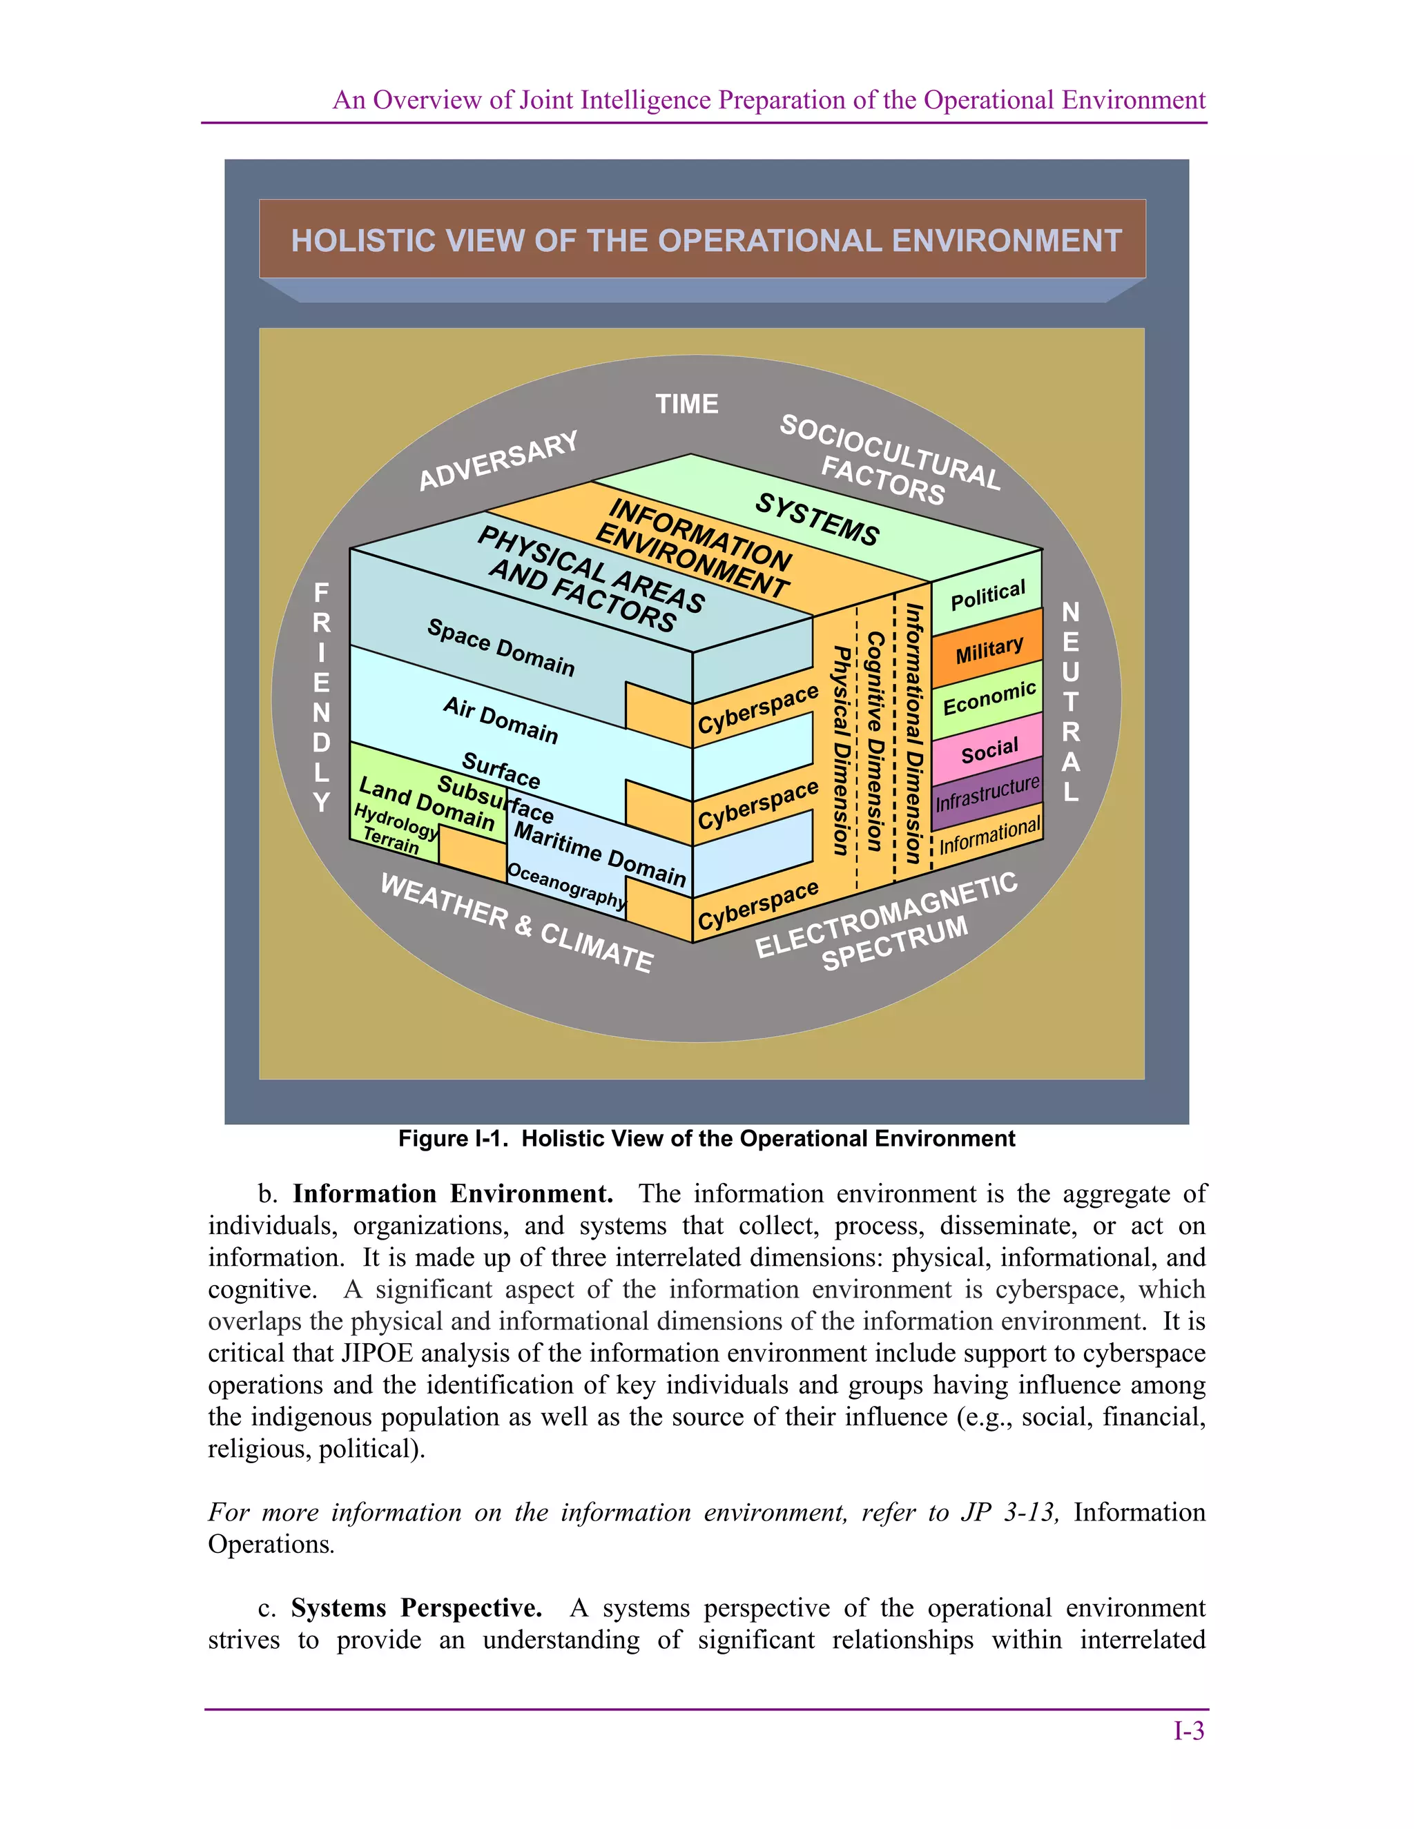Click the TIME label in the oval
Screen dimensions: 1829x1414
click(x=687, y=404)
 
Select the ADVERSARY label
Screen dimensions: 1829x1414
click(x=498, y=460)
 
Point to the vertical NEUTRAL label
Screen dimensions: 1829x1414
click(x=1071, y=702)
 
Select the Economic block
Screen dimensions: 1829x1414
click(x=989, y=698)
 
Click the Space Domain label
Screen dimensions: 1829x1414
click(x=501, y=647)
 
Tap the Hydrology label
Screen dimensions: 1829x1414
click(x=396, y=821)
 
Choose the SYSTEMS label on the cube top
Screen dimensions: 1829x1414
click(x=817, y=519)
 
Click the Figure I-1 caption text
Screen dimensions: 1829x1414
click(x=706, y=1139)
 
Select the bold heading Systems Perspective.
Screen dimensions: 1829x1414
click(x=416, y=1608)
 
